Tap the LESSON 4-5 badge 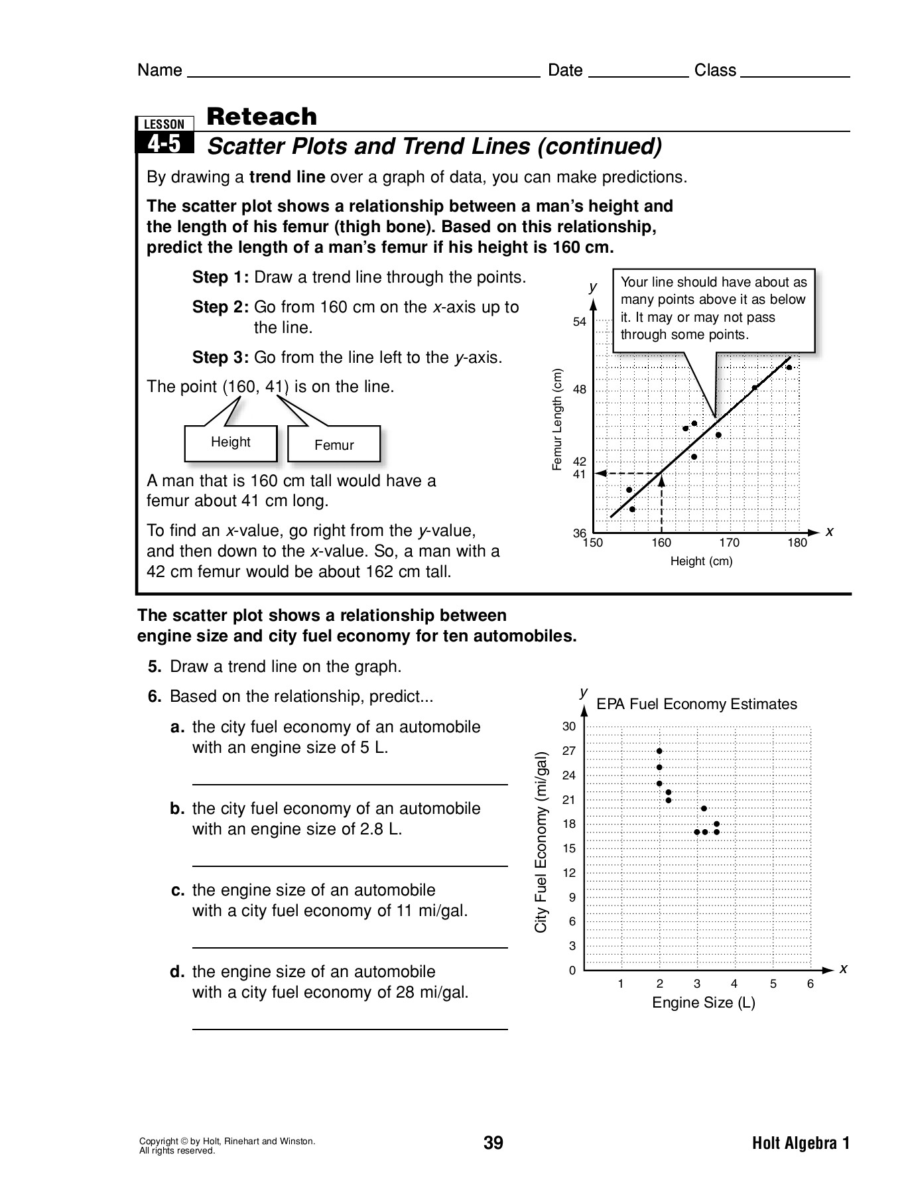pyautogui.click(x=164, y=135)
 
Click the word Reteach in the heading pyautogui.click(x=262, y=117)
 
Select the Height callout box pyautogui.click(x=230, y=442)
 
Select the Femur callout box pyautogui.click(x=334, y=445)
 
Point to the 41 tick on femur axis pyautogui.click(x=580, y=474)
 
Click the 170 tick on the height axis pyautogui.click(x=729, y=543)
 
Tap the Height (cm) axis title pyautogui.click(x=701, y=561)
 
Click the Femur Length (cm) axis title pyautogui.click(x=557, y=420)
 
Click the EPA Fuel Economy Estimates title pyautogui.click(x=696, y=704)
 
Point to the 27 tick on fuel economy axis pyautogui.click(x=569, y=751)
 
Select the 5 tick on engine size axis pyautogui.click(x=773, y=984)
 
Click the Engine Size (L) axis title pyautogui.click(x=704, y=1002)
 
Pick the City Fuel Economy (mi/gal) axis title pyautogui.click(x=541, y=842)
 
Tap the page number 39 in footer pyautogui.click(x=493, y=1143)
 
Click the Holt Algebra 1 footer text pyautogui.click(x=801, y=1143)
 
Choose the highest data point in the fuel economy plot pyautogui.click(x=659, y=751)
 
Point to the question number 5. pyautogui.click(x=155, y=667)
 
